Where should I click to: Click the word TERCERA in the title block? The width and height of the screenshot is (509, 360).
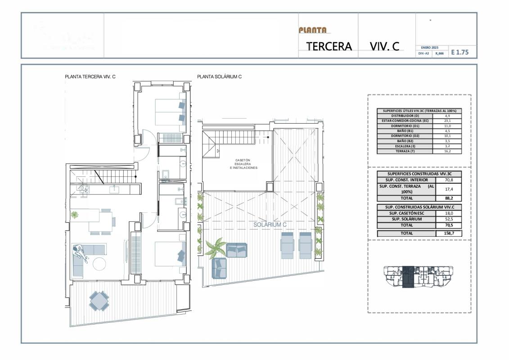[329, 46]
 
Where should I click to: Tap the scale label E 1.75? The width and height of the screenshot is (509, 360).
[460, 52]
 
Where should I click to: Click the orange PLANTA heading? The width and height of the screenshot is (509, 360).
[313, 30]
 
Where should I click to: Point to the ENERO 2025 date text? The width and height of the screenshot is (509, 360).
[429, 47]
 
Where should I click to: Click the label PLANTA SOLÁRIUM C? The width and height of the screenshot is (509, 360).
[219, 77]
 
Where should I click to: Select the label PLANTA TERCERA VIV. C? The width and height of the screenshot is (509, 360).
[90, 77]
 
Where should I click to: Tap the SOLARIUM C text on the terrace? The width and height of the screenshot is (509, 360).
[270, 225]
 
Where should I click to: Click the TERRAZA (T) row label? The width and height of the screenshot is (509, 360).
[404, 152]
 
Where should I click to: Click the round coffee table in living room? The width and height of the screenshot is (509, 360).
[100, 264]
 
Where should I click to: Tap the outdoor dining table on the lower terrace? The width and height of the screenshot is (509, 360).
[99, 300]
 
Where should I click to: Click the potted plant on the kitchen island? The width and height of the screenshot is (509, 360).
[74, 215]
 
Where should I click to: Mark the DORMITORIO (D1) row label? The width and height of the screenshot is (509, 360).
[404, 126]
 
